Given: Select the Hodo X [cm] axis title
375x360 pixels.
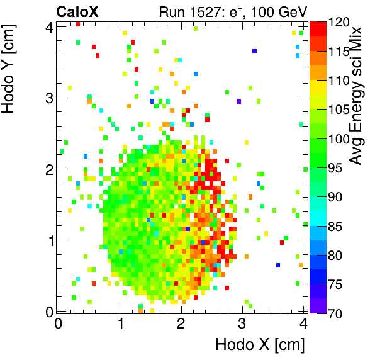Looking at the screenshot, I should [x=260, y=345].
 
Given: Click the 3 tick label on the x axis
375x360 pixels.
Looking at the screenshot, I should [x=242, y=323].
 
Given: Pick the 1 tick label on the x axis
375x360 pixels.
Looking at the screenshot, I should [x=119, y=323].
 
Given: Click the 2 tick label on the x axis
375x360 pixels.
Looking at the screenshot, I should [x=181, y=323].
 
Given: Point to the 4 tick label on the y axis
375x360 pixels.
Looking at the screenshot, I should [x=48, y=26].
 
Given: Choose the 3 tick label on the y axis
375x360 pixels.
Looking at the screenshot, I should [x=48, y=98].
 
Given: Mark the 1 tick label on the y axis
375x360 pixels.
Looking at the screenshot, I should [x=48, y=240].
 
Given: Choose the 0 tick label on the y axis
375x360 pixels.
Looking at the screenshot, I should [x=48, y=311].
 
